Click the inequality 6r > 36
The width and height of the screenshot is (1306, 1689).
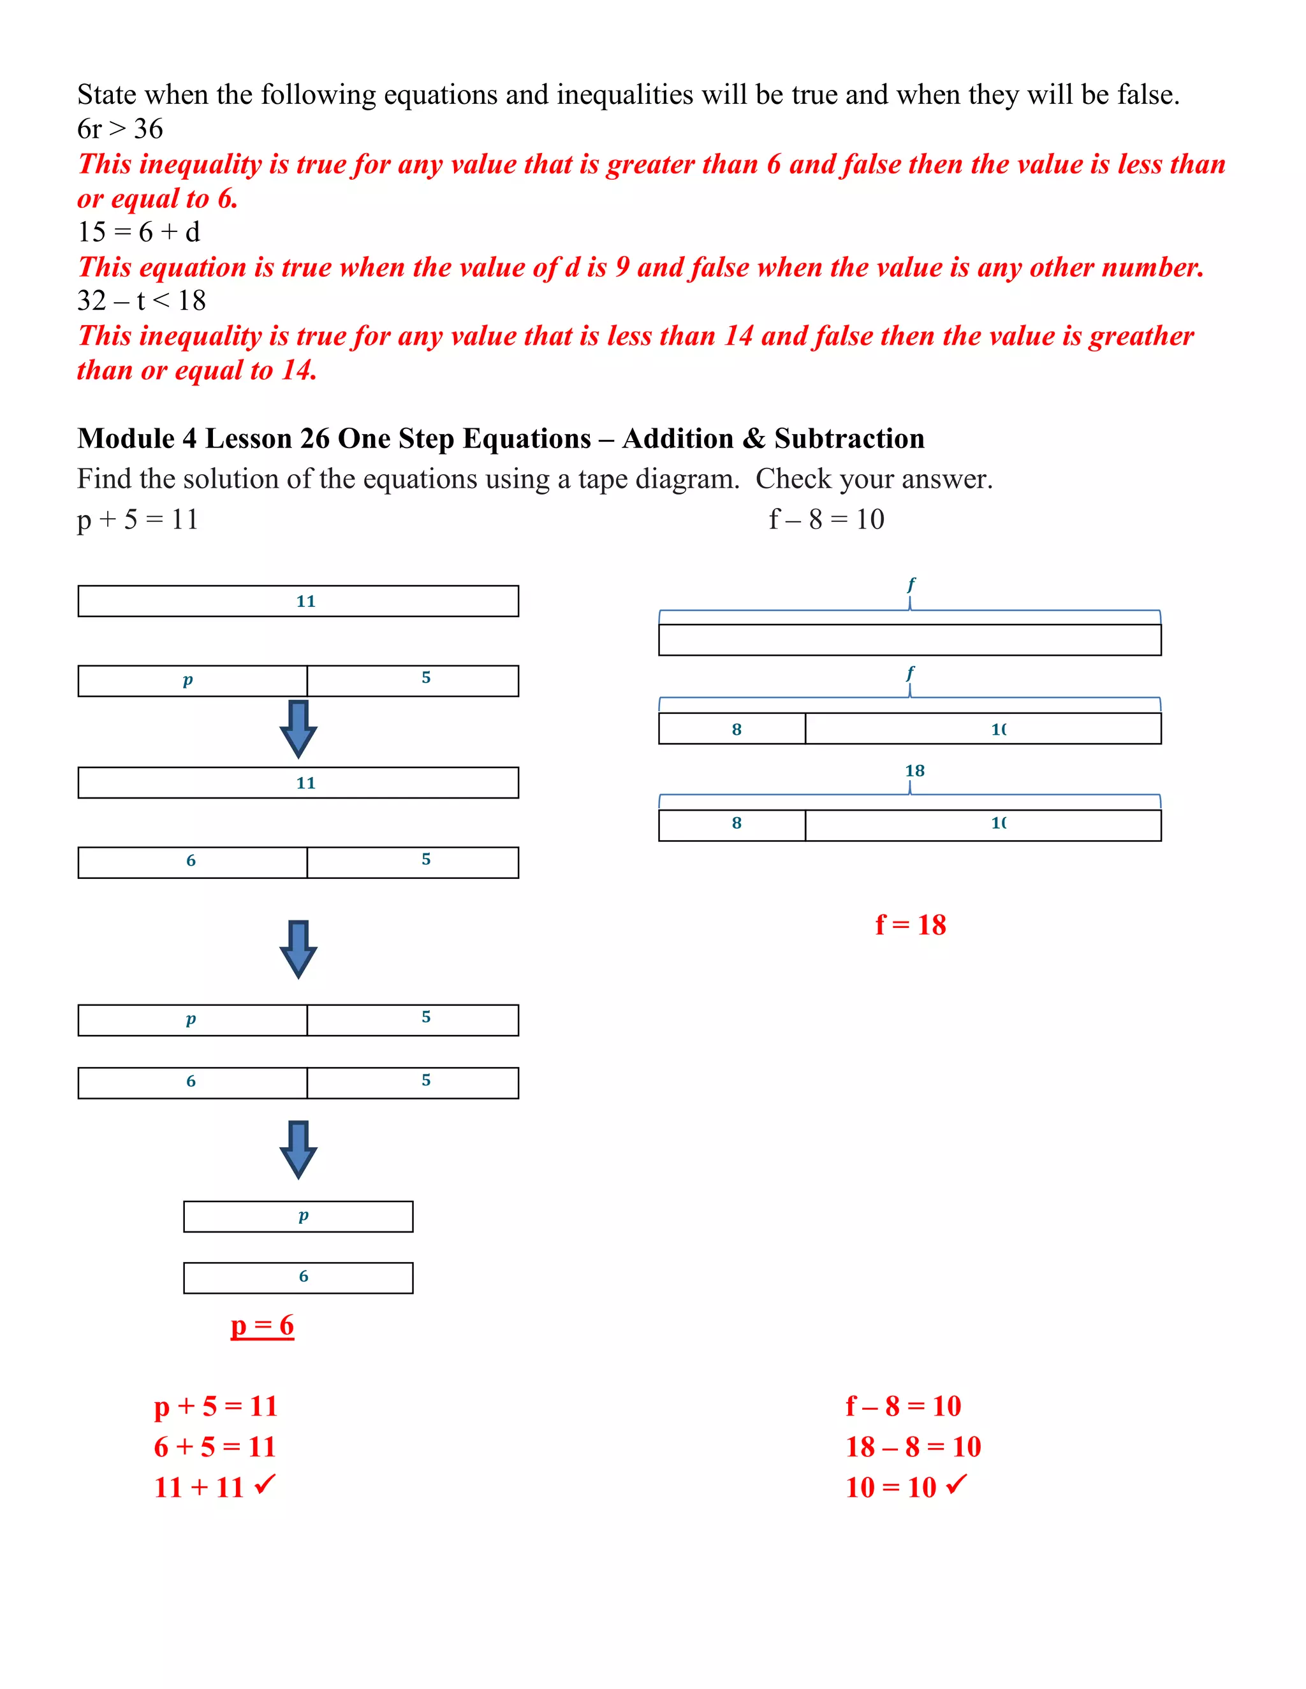(120, 129)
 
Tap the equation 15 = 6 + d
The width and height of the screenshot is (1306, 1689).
(138, 232)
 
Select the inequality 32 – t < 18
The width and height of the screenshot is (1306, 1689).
(142, 301)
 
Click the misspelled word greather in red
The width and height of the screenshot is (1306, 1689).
(1141, 337)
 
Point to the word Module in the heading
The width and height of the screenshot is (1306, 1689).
(126, 439)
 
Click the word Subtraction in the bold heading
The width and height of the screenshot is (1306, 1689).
(849, 439)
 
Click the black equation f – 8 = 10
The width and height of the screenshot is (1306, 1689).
(826, 519)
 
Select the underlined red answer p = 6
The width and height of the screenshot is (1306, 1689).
(262, 1326)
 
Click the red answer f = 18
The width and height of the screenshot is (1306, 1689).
(910, 925)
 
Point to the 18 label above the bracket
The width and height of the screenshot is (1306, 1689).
(914, 771)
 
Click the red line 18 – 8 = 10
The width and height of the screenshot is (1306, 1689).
(913, 1447)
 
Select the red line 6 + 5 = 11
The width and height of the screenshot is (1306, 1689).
(215, 1447)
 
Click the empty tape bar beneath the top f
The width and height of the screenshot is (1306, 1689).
(909, 641)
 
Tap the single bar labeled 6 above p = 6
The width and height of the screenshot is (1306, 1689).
(298, 1277)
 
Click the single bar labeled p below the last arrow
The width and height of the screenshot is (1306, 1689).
(298, 1217)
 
